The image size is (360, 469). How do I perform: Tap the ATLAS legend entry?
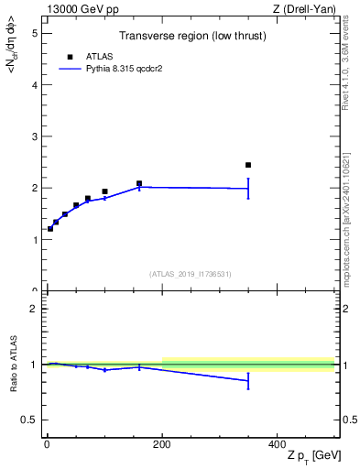click(93, 57)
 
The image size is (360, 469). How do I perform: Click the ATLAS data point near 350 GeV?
click(248, 165)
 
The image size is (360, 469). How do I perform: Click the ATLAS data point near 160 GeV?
click(139, 183)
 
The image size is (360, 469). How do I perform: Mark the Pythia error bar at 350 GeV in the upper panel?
click(248, 189)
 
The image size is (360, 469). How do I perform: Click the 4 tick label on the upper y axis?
click(34, 85)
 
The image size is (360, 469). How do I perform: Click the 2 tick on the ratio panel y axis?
click(34, 309)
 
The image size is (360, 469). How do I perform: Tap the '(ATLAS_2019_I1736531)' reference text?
click(190, 274)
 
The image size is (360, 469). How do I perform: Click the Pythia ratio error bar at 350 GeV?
click(248, 380)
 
